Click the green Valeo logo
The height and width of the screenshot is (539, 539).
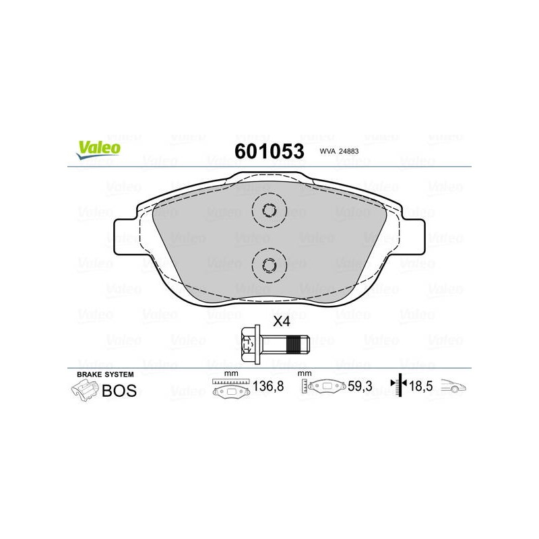[x=98, y=150]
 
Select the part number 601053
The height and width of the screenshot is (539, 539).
[x=269, y=151]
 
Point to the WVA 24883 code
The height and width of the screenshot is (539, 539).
[x=339, y=151]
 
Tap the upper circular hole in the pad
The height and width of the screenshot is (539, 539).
[x=269, y=210]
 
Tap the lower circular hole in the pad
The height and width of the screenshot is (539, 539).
[x=269, y=265]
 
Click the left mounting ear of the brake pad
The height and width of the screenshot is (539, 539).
[x=125, y=237]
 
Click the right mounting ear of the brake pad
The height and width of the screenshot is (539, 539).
[x=413, y=237]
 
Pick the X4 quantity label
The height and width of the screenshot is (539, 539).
[x=282, y=321]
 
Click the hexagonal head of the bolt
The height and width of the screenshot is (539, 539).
[x=249, y=344]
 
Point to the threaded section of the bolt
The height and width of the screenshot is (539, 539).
[x=298, y=344]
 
